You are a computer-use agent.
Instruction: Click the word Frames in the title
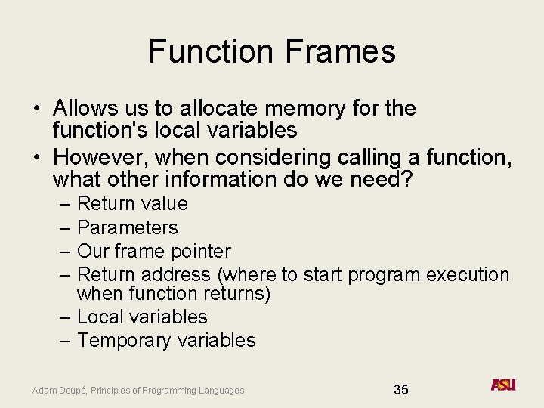coord(341,51)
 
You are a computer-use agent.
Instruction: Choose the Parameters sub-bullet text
coord(128,227)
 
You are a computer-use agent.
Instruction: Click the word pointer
coord(204,251)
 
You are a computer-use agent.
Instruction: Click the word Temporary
coord(124,341)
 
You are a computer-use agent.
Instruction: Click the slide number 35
coord(401,390)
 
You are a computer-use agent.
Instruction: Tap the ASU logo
coord(502,385)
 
